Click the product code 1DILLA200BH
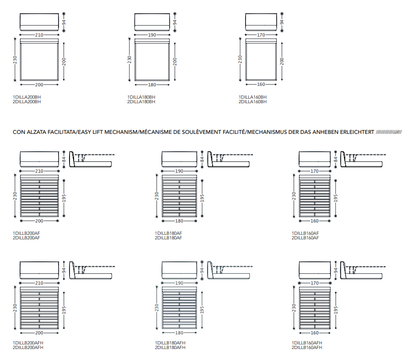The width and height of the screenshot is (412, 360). (x=27, y=97)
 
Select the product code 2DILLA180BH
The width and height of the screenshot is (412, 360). (x=141, y=102)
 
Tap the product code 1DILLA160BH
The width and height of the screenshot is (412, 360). (x=252, y=97)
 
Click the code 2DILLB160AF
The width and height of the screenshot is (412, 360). (x=305, y=238)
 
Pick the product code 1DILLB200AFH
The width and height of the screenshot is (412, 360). (x=28, y=343)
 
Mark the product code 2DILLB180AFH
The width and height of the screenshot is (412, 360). (x=170, y=347)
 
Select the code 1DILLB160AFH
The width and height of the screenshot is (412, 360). (x=307, y=343)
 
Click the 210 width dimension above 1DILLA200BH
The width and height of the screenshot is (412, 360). (x=39, y=35)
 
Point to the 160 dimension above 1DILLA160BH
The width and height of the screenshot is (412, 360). (x=261, y=85)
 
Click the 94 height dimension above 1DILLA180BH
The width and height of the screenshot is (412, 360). (x=175, y=22)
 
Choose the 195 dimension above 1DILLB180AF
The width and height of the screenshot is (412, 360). (x=202, y=198)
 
